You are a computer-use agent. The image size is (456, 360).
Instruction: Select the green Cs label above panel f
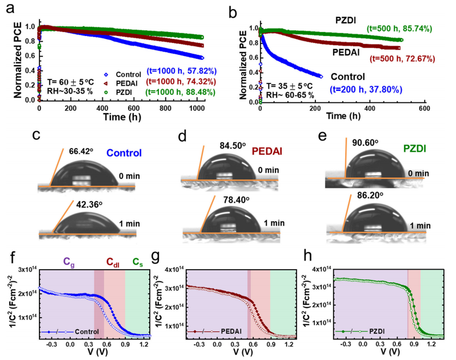[x=137, y=261]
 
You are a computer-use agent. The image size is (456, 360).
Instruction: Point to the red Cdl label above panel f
[x=113, y=261]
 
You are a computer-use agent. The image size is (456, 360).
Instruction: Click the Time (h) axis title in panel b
[x=342, y=116]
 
